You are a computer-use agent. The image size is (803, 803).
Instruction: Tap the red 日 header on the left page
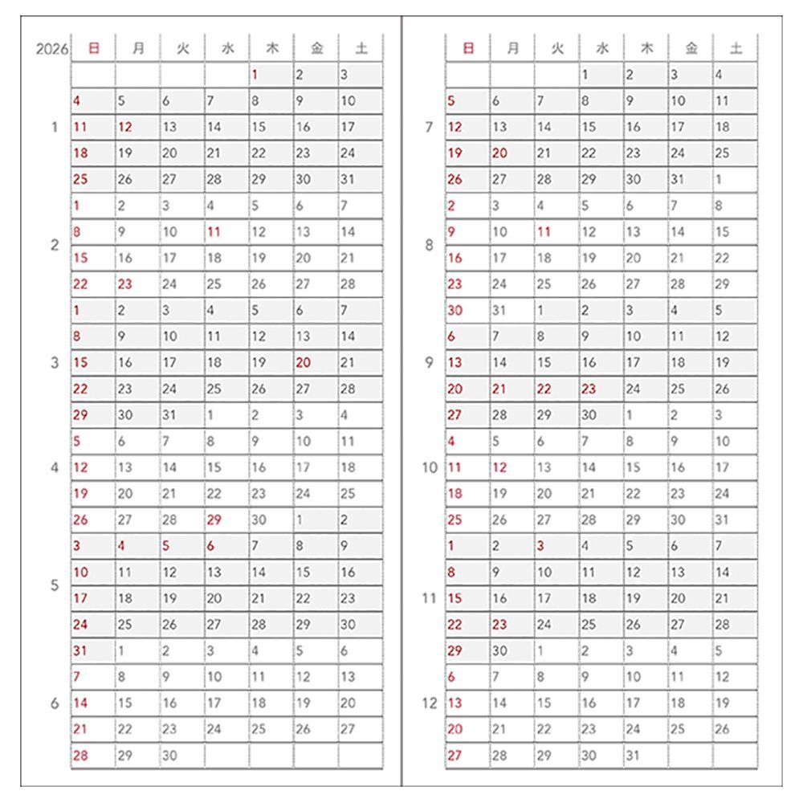pos(93,49)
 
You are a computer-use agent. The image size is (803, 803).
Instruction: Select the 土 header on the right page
pos(736,49)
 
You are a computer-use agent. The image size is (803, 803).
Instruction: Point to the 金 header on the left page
pos(316,49)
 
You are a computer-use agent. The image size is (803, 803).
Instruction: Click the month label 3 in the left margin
pos(55,363)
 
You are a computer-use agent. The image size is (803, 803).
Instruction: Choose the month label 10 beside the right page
pos(429,467)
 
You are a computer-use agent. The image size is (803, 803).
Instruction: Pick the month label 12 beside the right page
pos(429,703)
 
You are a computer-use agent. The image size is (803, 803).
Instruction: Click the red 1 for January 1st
pos(254,75)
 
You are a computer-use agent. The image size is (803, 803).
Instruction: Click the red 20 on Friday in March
pos(303,363)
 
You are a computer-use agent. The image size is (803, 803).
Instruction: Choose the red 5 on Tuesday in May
pos(166,546)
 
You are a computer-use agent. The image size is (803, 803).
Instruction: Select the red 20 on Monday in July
pos(499,153)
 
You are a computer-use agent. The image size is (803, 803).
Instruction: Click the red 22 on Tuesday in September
pos(544,389)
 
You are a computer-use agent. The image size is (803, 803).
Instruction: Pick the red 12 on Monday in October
pos(499,467)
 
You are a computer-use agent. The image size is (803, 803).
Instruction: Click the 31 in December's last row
pos(632,756)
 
